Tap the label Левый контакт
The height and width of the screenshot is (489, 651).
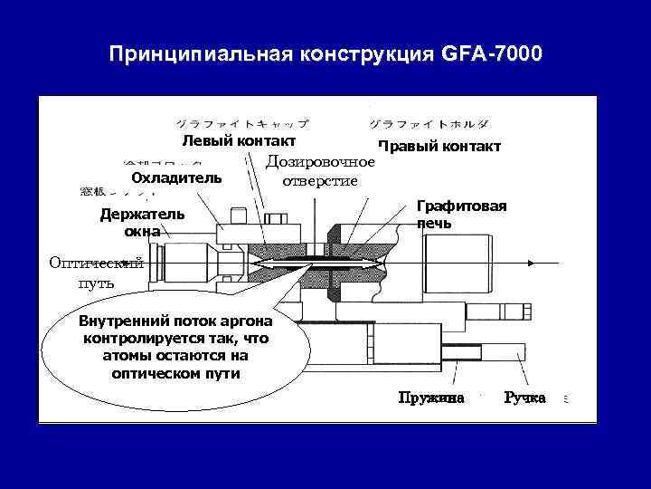click(239, 141)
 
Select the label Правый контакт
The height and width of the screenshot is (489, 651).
click(439, 147)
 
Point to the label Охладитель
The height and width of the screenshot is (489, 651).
click(176, 177)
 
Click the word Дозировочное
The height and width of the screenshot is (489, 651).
click(320, 162)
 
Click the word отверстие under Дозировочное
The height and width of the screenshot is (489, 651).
click(320, 180)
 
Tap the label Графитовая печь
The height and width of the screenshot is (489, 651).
click(461, 214)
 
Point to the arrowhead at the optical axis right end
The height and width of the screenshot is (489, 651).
click(558, 263)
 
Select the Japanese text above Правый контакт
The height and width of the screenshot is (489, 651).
click(430, 122)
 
